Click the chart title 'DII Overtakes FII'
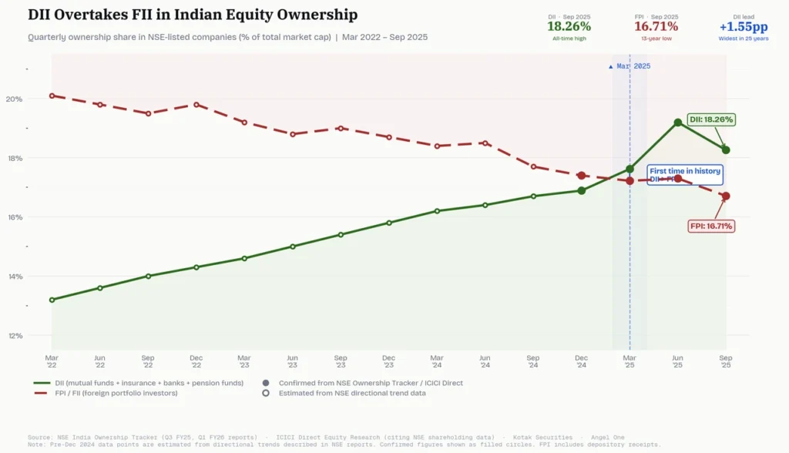(193, 15)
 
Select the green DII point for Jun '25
(678, 122)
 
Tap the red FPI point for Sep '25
(726, 196)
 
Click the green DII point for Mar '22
(52, 300)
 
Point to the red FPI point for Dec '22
(196, 105)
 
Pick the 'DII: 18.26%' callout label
(710, 119)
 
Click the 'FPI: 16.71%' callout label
(710, 226)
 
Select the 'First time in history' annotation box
(684, 175)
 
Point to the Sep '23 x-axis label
(341, 361)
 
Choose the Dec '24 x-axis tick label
(582, 361)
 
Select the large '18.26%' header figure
(569, 27)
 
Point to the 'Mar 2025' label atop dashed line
(630, 66)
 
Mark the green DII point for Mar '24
(437, 211)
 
